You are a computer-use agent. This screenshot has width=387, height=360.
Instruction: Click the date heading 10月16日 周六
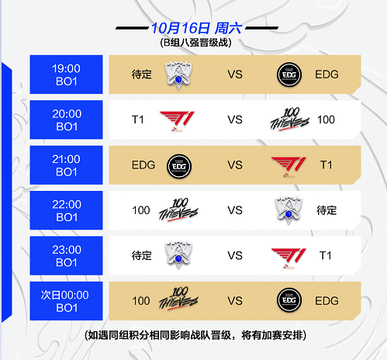coord(196,28)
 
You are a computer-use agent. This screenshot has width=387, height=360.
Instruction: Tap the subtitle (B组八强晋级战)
coord(195,43)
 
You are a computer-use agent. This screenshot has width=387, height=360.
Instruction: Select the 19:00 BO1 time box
coord(66,74)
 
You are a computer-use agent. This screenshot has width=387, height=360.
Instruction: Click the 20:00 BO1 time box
coord(66,119)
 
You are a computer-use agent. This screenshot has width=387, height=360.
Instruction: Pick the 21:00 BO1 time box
coord(66,165)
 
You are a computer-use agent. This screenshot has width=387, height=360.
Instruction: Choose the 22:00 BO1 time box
coord(66,210)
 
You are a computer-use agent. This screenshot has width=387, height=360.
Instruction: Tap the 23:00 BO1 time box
coord(66,255)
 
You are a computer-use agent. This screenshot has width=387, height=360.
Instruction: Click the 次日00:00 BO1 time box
coord(66,301)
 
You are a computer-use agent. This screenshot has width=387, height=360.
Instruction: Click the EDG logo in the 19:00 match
coord(289,74)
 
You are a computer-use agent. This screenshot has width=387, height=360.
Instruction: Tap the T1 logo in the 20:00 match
coord(178,121)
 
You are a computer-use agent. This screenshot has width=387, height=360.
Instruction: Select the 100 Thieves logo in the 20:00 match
coord(289,119)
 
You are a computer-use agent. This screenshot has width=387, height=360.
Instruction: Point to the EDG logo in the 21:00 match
coord(179,166)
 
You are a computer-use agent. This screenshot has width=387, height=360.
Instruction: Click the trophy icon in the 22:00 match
coord(289,210)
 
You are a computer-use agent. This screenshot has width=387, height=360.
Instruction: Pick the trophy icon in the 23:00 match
coord(178,255)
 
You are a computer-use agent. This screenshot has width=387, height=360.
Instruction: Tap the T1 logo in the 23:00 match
coord(289,258)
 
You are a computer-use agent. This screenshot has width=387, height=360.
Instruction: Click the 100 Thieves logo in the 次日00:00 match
coord(178,299)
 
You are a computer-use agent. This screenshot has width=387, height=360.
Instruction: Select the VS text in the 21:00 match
coord(235,165)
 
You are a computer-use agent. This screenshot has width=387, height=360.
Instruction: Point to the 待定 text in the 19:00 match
coord(141,74)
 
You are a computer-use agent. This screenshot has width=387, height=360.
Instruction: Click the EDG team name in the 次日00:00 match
coord(327,301)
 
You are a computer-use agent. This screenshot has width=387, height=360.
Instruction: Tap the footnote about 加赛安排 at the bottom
coord(195,335)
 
